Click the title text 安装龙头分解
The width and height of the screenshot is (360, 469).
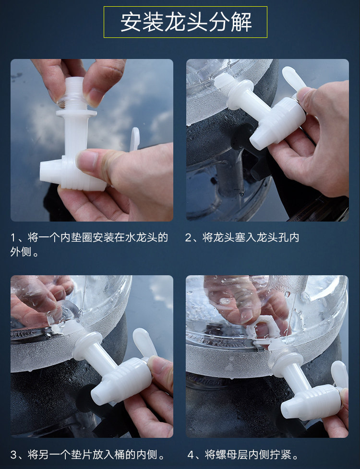pos(186,22)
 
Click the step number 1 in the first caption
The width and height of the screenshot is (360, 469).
pos(13,238)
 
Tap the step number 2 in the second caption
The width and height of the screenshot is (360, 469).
pos(188,238)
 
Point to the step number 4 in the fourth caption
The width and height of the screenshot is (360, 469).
pos(191,455)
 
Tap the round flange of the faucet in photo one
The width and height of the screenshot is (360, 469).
pos(76,113)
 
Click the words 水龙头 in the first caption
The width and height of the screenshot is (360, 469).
pos(141,238)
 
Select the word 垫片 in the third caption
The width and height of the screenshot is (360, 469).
pos(82,455)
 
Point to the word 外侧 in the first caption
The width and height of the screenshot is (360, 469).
pos(21,252)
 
